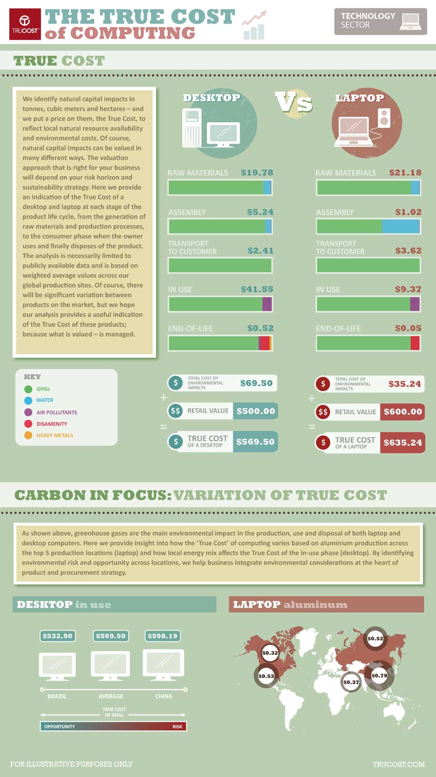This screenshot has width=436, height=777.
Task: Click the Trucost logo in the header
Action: click(25, 24)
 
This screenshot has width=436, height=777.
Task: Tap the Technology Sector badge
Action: click(380, 21)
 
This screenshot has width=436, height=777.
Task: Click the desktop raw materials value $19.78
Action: click(257, 173)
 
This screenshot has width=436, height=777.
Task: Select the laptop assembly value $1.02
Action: click(408, 212)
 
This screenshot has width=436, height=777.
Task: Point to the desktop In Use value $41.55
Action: click(257, 289)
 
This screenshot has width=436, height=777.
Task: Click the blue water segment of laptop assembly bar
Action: click(400, 226)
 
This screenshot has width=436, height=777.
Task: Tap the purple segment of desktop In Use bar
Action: click(267, 304)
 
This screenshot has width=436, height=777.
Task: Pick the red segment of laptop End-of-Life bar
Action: click(415, 343)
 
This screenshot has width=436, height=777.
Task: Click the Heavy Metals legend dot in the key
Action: click(28, 435)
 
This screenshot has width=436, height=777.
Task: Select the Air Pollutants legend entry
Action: click(56, 412)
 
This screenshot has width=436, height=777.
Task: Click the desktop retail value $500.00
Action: click(255, 411)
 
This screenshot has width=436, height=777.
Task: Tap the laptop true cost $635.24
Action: click(402, 443)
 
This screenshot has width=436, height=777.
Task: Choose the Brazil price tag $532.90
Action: click(57, 636)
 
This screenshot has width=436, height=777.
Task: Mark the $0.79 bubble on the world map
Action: click(379, 675)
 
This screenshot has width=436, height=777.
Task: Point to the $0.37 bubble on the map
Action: click(351, 682)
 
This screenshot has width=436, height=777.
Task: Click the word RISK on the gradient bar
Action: click(177, 727)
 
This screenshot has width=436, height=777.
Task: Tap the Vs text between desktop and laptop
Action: click(294, 102)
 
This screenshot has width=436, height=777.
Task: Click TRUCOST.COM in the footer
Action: click(398, 764)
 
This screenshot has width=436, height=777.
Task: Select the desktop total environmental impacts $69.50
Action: click(256, 383)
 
